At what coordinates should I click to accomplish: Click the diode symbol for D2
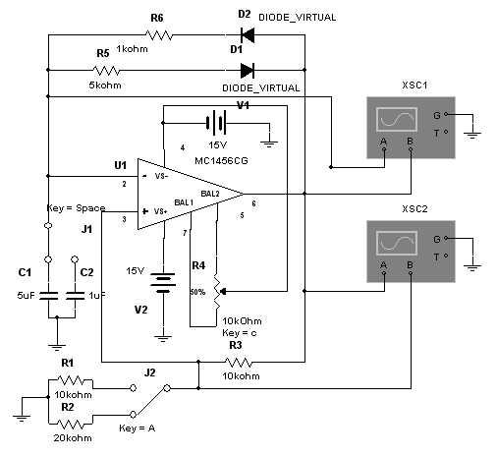coord(248,35)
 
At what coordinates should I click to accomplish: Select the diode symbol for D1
coord(248,71)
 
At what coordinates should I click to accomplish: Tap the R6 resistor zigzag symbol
coord(159,35)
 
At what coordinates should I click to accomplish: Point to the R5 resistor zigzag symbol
coord(106,71)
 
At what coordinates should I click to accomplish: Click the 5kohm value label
coord(105,86)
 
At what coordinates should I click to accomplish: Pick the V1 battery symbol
coord(216,123)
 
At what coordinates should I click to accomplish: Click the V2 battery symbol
coord(163,283)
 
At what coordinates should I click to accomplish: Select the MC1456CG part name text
coord(221,161)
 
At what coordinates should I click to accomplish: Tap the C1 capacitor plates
coord(48,296)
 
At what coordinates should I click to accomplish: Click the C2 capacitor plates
coord(75,296)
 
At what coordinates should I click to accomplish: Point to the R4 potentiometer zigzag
coord(217,292)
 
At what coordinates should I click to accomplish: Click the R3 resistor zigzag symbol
coord(239,363)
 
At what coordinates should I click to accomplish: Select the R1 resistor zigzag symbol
coord(71,380)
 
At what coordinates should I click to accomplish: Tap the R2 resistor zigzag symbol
coord(71,425)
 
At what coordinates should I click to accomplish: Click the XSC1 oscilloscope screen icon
coord(397,120)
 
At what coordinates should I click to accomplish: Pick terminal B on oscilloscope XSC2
coord(411,272)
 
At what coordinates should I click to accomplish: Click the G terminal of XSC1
coord(446,114)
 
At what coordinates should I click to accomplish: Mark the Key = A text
coord(138,428)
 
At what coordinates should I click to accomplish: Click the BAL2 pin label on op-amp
coord(210,194)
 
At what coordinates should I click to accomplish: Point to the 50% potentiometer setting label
coord(197,292)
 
